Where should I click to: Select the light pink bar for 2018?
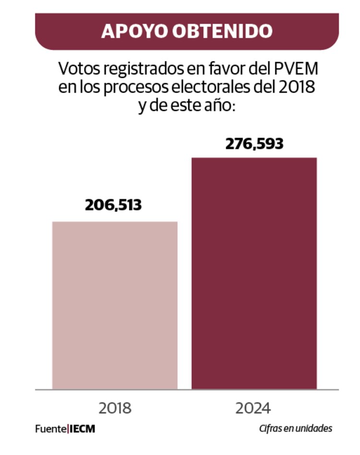115,305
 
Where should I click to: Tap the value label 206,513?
114,205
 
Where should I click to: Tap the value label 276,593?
254,143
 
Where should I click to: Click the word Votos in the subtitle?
74,69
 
